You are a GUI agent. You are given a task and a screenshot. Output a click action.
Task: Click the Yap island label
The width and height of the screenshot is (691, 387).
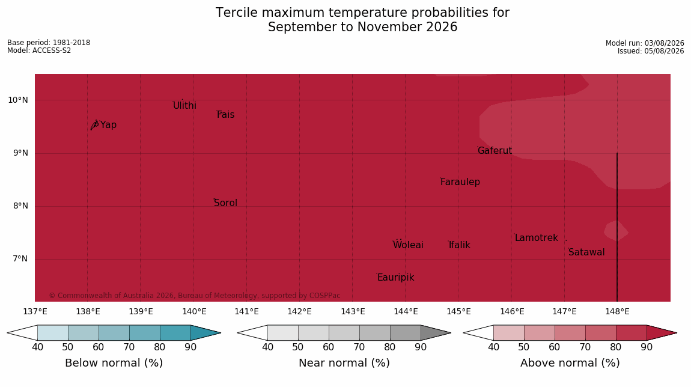point(108,125)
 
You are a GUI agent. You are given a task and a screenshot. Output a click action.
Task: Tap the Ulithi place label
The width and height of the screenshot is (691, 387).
point(184,105)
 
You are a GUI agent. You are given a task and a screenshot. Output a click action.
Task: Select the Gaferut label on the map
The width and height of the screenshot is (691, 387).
point(495,151)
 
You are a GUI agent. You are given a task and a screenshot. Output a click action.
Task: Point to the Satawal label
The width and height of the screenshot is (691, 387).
point(586,252)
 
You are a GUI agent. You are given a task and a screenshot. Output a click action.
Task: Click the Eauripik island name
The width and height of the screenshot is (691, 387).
point(396,277)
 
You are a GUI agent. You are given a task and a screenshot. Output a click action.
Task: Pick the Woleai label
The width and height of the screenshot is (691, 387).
point(408,245)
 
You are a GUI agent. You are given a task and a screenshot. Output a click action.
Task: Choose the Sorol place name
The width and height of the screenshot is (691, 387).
point(226,203)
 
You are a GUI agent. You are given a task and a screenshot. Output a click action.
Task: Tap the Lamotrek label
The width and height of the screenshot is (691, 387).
point(537,238)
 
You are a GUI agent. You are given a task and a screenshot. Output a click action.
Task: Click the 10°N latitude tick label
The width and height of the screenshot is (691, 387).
point(17,100)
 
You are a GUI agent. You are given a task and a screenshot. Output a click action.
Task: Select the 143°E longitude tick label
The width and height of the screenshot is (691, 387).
point(353,312)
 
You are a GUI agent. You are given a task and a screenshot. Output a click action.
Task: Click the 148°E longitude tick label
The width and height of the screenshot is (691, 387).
point(617,312)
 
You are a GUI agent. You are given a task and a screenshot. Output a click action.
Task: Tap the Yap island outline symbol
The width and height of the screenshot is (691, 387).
point(95,125)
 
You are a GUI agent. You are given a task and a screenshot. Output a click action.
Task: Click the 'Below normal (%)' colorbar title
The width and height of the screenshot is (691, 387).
point(114,363)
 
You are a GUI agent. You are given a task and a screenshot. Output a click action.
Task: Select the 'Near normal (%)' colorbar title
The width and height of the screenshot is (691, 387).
point(344,363)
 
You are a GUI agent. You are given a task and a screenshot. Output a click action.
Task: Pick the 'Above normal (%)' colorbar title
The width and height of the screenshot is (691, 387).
point(570,363)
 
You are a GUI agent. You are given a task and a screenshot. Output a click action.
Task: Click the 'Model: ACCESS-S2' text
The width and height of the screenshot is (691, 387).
point(39,50)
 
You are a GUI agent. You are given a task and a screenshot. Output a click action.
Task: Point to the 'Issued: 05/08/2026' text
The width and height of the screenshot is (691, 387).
point(651,51)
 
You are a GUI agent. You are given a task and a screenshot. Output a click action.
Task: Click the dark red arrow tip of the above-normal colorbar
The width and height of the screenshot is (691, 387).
point(676,333)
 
